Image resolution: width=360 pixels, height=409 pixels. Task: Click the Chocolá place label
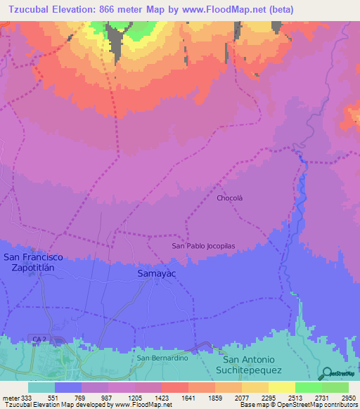coord(229,198)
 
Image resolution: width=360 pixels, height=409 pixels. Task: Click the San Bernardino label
coord(162,358)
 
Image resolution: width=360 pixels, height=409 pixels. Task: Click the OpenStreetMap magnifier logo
coord(327,374)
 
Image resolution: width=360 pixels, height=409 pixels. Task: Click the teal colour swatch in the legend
coord(41,387)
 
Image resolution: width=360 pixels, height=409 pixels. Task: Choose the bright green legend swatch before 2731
coord(309,387)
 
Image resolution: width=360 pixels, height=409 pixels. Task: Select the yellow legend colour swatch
coord(282,387)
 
